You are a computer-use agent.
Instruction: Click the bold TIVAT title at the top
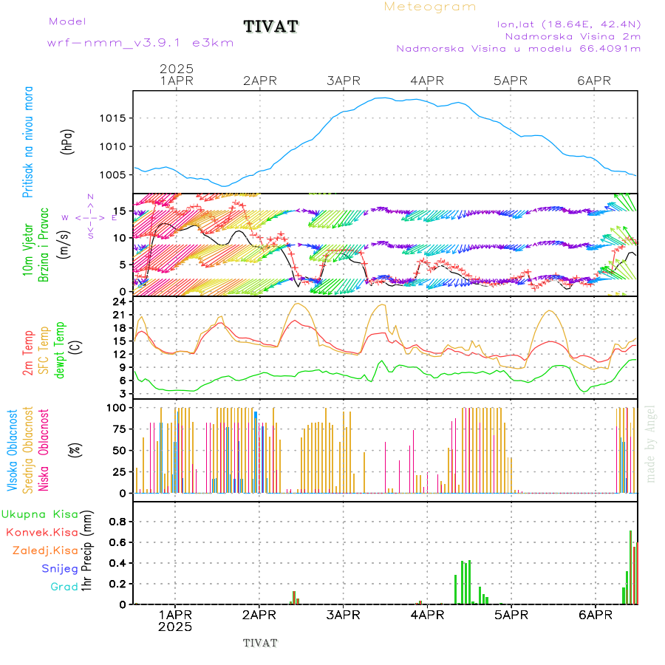271,27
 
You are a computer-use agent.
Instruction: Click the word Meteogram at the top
430,7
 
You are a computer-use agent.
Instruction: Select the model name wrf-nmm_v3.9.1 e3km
140,43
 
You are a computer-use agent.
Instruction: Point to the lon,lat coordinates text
568,24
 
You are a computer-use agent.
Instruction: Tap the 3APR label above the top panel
342,81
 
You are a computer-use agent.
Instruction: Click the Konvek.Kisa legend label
41,532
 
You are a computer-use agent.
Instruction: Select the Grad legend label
64,587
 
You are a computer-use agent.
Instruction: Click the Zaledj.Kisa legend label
45,550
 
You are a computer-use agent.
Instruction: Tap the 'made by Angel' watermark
651,443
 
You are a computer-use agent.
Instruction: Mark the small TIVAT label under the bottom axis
260,643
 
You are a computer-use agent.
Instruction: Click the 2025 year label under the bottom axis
175,627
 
